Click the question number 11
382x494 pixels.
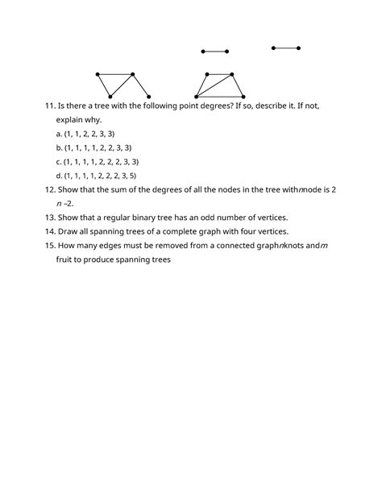coord(50,106)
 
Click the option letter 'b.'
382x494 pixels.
coord(59,147)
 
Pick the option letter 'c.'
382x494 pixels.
coord(59,161)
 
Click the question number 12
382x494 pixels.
coord(50,189)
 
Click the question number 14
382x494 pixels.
coord(50,231)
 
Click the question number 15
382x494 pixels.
coord(50,246)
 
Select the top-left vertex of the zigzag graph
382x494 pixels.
coord(98,75)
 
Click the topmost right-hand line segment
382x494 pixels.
coord(285,48)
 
